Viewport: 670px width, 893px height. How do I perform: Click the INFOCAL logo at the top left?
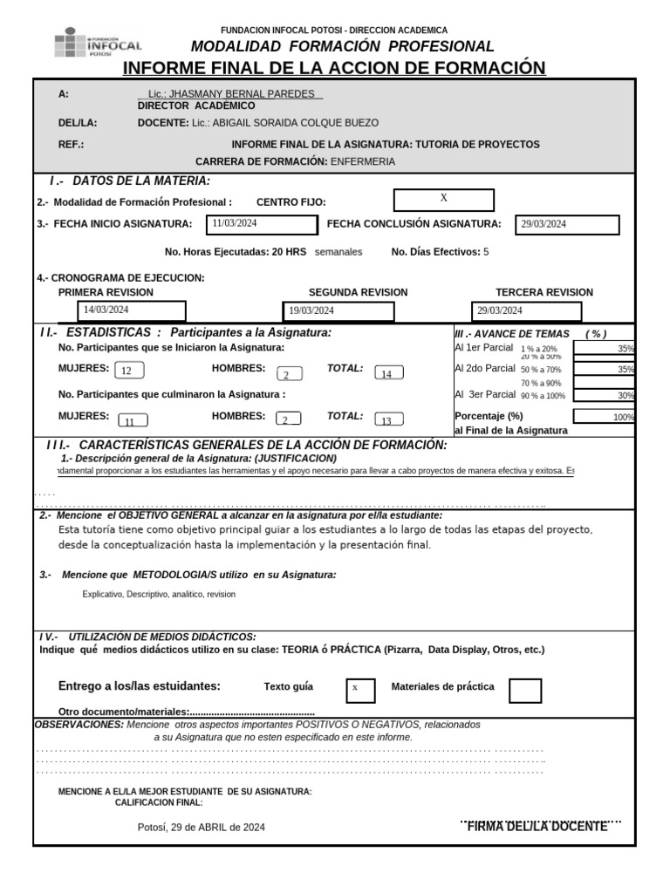click(x=98, y=43)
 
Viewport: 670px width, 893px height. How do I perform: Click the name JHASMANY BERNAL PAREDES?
click(x=230, y=93)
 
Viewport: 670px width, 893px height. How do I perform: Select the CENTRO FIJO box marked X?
click(x=443, y=200)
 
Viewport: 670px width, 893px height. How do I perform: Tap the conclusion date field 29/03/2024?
click(x=567, y=225)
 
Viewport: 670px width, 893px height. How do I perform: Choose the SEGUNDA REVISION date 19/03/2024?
click(x=340, y=311)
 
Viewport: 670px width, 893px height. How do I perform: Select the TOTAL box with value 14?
click(x=387, y=374)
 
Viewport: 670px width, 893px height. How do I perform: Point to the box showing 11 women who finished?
click(x=132, y=421)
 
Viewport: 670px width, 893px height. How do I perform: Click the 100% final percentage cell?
click(x=604, y=417)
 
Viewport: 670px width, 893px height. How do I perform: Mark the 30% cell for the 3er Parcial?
click(x=604, y=395)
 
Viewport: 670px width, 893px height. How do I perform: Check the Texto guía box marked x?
click(x=360, y=689)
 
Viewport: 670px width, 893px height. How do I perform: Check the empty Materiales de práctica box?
click(x=524, y=690)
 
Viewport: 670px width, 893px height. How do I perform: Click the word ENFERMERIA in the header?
click(x=362, y=162)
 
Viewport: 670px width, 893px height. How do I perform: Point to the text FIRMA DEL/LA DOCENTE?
click(x=537, y=826)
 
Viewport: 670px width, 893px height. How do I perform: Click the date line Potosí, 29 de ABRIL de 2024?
click(x=202, y=827)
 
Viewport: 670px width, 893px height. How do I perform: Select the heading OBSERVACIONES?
click(x=79, y=725)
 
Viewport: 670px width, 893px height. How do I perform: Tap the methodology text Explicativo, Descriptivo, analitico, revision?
click(x=159, y=594)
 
